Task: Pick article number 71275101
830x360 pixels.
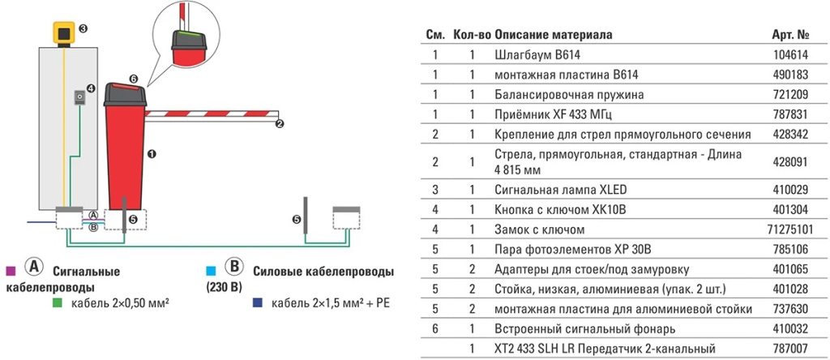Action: [789, 230]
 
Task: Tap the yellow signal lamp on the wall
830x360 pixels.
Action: [62, 33]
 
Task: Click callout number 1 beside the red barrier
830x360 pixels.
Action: [151, 152]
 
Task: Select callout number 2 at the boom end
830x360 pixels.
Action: [280, 123]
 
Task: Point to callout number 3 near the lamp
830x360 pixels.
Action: [83, 28]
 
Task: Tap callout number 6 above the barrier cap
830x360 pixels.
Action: [134, 79]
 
